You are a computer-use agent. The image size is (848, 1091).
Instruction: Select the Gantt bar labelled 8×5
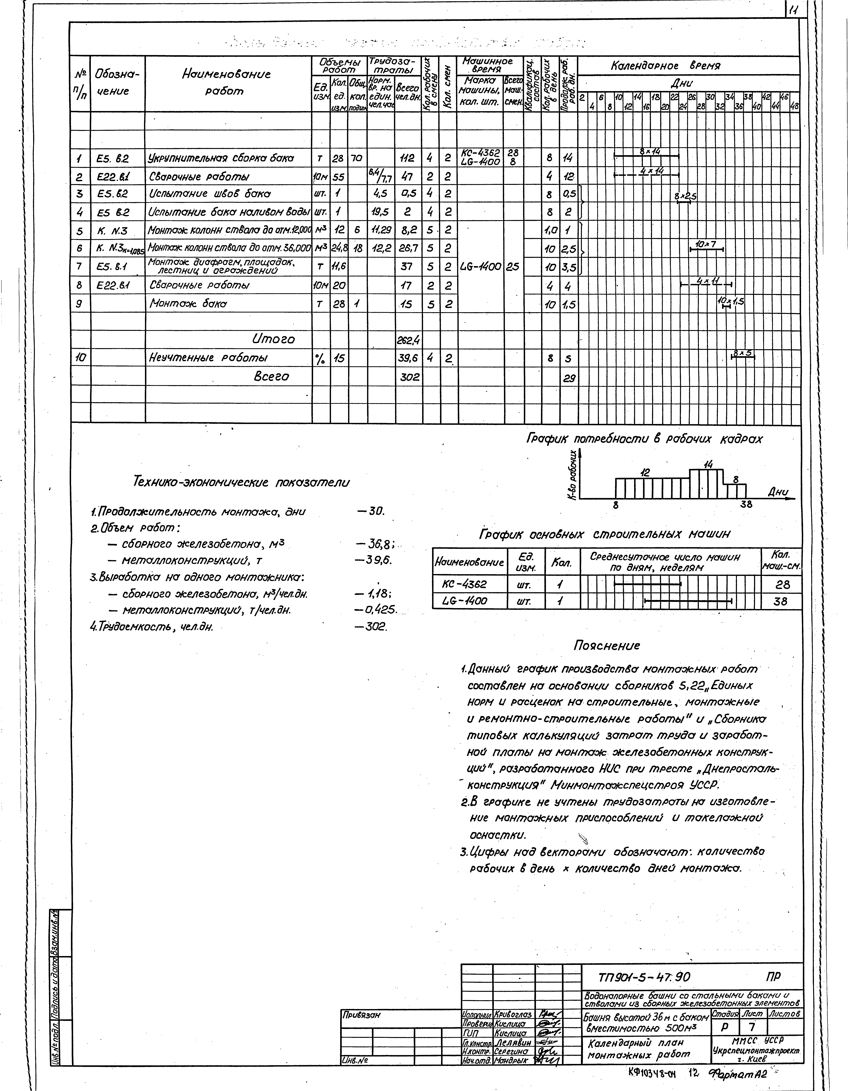[x=743, y=355]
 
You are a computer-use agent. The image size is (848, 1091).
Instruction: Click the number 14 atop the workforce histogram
[x=708, y=465]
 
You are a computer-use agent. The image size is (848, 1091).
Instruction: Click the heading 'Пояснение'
[x=607, y=646]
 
